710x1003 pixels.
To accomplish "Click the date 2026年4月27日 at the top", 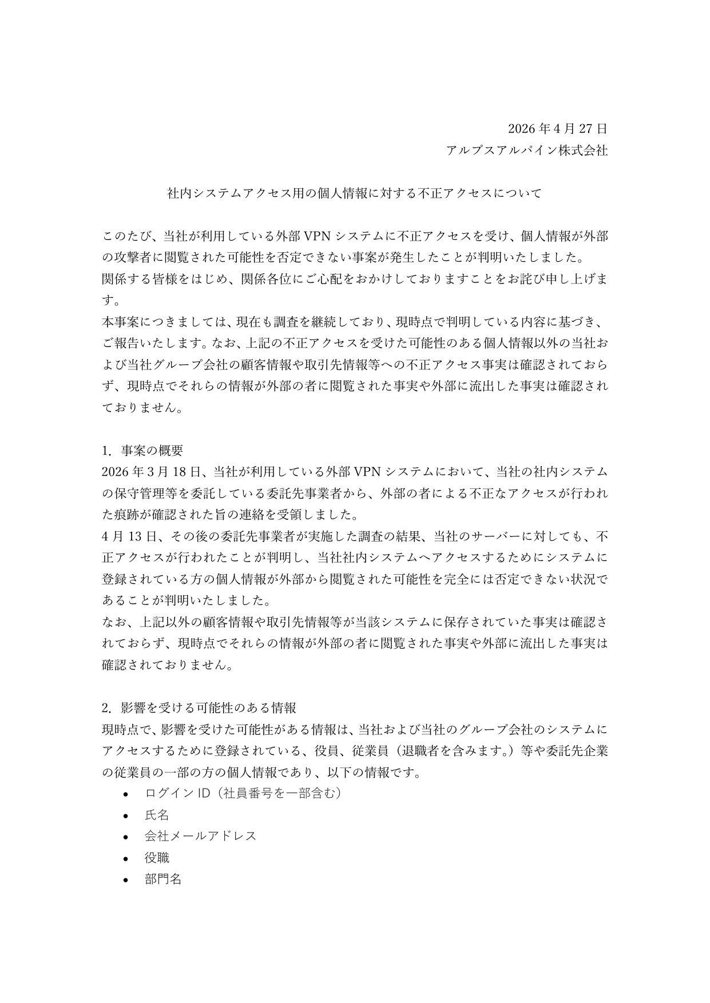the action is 557,128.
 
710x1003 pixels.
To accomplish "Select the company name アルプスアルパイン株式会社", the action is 526,150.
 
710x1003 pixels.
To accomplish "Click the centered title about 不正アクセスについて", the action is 354,193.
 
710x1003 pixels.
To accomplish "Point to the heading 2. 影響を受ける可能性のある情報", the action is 199,707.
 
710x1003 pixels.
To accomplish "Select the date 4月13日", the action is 125,536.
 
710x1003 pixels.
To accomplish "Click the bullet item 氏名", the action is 157,814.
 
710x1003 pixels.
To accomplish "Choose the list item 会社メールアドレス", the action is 200,835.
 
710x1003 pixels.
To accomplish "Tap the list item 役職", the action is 157,858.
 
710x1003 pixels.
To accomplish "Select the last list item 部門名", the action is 163,879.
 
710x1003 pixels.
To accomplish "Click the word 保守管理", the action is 145,493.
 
